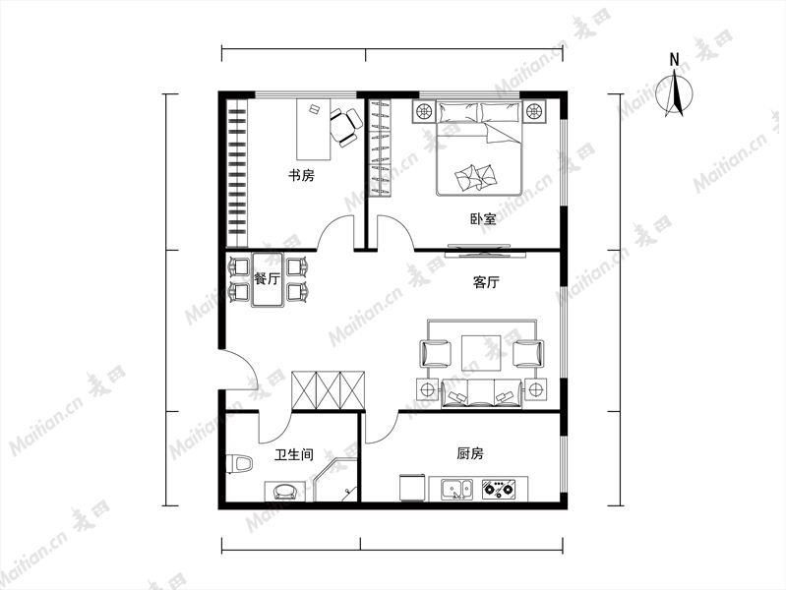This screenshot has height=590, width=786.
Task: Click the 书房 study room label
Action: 301,175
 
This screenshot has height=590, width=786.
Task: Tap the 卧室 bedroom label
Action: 483,219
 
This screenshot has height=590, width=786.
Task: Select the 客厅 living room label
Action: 486,282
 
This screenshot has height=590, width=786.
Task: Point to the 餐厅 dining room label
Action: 267,278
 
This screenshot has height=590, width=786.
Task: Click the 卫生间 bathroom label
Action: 294,454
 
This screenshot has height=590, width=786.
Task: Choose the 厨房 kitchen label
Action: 470,453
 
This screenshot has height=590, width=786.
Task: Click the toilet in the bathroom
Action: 239,464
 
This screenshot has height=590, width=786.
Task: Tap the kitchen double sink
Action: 456,490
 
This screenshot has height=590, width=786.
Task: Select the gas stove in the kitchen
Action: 497,489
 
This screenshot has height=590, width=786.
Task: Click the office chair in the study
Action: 345,127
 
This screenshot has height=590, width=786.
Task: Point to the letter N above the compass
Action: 674,60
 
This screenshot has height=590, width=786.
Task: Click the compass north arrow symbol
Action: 675,93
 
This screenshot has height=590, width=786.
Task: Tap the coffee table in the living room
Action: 481,353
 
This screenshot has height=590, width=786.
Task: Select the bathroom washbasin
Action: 284,492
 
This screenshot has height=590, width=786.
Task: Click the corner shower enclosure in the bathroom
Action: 335,479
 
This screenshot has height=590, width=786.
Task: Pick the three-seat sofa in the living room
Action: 481,393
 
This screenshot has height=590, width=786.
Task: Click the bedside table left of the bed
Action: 424,111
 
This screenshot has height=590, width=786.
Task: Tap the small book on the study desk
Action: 314,109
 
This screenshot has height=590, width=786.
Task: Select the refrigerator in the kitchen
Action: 413,488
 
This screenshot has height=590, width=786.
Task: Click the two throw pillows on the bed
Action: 475,178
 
